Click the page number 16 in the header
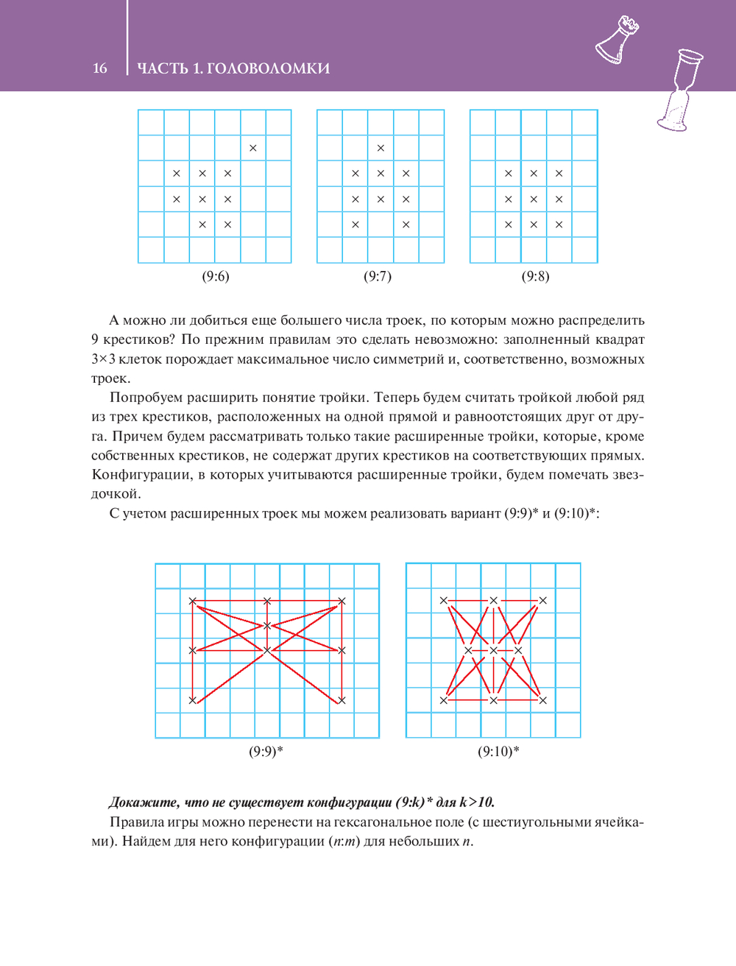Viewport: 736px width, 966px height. pos(100,68)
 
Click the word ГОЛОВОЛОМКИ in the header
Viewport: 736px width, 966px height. pos(268,68)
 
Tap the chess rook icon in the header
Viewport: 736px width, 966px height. pos(618,40)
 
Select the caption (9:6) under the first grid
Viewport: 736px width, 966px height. pos(216,276)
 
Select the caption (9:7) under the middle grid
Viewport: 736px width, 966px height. pos(378,276)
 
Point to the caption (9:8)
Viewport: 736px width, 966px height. pos(536,276)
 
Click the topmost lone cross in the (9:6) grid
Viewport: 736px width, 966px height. pos(253,148)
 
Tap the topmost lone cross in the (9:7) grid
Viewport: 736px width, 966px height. pos(381,148)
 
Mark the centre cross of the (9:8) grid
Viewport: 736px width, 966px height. pos(534,199)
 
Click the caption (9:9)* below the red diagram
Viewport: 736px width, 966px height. pos(266,752)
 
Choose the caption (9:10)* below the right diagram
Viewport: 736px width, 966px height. pos(498,752)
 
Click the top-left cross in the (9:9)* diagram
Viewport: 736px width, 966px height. pos(193,601)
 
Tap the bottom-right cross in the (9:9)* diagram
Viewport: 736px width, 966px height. pos(342,700)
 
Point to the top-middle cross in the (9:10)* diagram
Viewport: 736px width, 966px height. pos(493,601)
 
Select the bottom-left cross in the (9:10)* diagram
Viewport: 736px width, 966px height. pos(444,700)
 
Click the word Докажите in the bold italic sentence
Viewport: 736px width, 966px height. pos(144,803)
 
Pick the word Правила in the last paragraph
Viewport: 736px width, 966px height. pos(133,822)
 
